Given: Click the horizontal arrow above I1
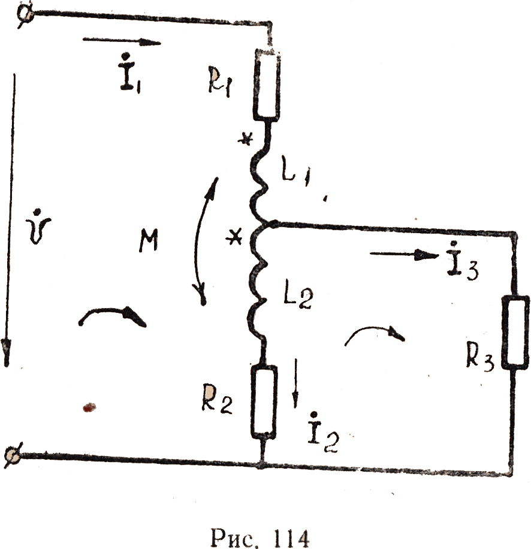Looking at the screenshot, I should (x=121, y=42).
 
